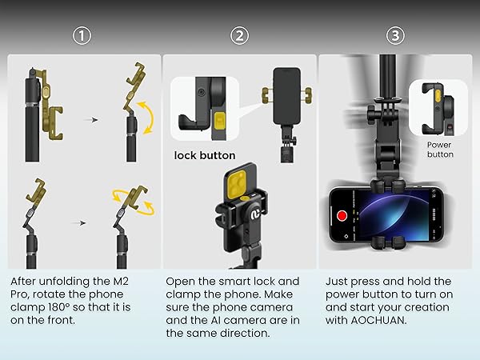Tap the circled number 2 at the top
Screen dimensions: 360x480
241,35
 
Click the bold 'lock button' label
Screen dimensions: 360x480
205,155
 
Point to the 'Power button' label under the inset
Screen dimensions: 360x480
439,149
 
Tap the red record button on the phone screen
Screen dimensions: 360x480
342,215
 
